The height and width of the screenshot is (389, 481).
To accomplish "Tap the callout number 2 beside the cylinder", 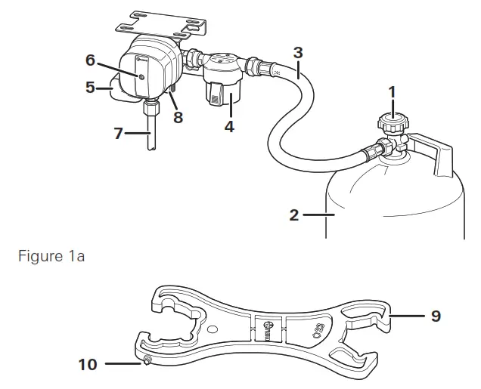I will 294,215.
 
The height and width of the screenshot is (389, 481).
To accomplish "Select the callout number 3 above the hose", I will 298,53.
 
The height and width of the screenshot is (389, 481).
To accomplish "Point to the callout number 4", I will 228,127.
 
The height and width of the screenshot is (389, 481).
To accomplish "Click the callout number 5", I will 90,87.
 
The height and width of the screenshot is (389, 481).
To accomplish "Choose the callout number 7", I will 118,134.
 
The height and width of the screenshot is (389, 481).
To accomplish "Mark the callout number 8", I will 178,117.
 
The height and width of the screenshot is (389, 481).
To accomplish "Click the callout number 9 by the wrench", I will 436,315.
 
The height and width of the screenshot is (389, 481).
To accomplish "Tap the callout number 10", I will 88,364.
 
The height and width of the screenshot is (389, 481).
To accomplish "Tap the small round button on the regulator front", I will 141,76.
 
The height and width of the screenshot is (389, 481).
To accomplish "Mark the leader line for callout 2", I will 318,215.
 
